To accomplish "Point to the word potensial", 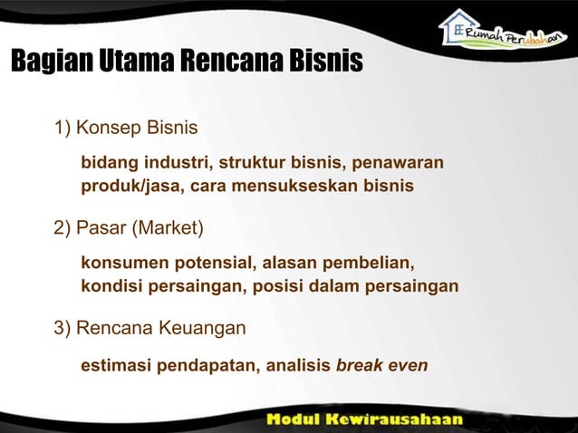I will tap(207, 264).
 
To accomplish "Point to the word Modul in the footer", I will tap(296, 419).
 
